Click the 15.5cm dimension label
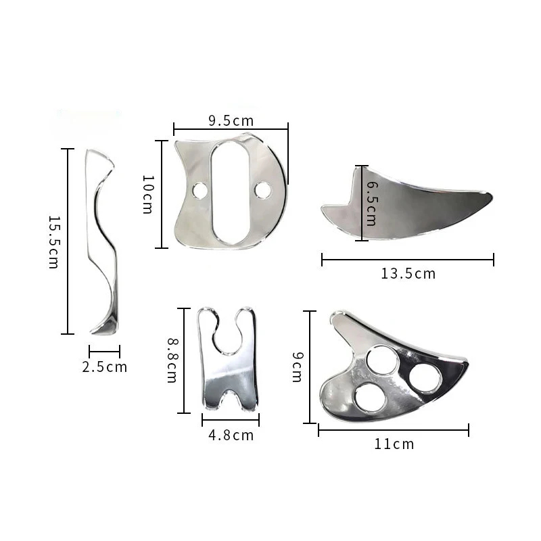coord(53,242)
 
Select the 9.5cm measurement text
coord(231,121)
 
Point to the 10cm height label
coord(147,194)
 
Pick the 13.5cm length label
coord(408,273)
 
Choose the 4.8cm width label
coord(231,435)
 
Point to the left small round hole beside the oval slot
coord(199,191)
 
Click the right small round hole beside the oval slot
coord(264,191)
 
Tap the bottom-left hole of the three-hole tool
coord(371,398)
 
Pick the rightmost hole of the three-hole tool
coord(425,378)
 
